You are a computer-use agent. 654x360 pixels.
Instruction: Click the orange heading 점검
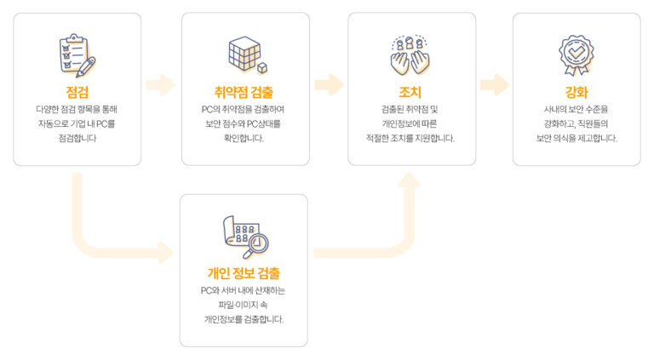pos(77,92)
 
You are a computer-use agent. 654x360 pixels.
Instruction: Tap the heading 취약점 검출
pos(244,92)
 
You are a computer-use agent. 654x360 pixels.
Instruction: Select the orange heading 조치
pos(410,92)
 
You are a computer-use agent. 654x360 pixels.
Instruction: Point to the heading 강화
pos(577,92)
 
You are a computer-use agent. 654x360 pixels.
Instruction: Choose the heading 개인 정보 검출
pos(244,273)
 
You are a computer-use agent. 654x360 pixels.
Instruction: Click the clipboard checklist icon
pos(77,55)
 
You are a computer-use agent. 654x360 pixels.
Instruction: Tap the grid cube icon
pos(248,55)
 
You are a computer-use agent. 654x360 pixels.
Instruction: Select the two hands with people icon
pos(410,55)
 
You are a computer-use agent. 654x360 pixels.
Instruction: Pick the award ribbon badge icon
pos(577,55)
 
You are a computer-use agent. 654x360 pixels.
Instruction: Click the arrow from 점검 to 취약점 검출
pos(161,85)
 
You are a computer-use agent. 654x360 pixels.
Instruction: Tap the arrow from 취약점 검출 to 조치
pos(329,85)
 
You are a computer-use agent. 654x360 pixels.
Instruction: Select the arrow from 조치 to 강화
pos(495,85)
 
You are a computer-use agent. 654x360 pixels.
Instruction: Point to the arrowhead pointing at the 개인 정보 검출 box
pos(166,253)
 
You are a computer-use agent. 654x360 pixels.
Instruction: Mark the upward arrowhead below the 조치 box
pos(409,180)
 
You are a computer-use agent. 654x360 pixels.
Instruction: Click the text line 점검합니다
pos(77,139)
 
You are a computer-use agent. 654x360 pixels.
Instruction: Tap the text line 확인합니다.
pos(244,139)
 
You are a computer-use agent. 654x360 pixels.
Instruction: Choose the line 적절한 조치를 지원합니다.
pos(410,139)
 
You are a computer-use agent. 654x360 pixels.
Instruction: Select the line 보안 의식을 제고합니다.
pos(577,139)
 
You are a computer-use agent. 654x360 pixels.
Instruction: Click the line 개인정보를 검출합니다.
pos(244,320)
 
